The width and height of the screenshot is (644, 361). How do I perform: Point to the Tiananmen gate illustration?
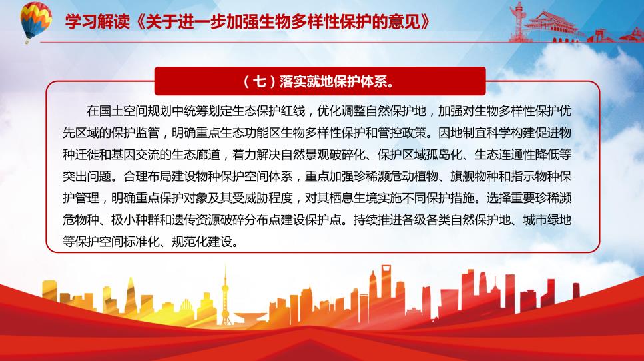(x=550, y=25)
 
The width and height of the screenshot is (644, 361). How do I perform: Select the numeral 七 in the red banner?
(x=259, y=81)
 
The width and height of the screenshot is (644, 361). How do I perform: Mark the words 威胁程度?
(x=268, y=198)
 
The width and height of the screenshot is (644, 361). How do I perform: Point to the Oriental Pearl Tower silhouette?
(x=225, y=296)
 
